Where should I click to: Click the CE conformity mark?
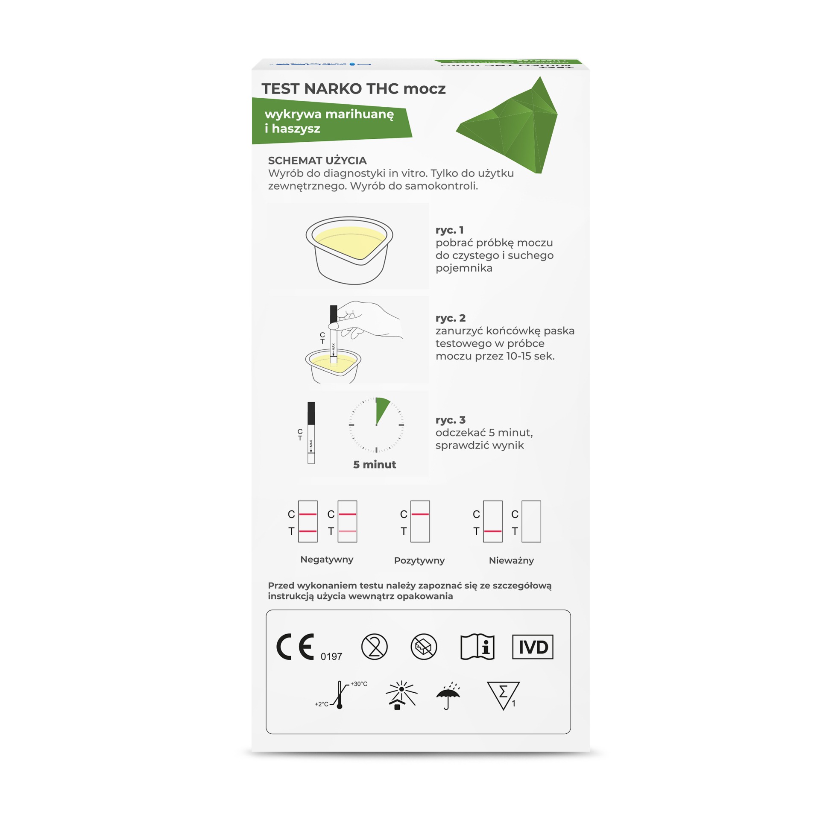pyautogui.click(x=295, y=647)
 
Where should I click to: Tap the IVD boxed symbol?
pyautogui.click(x=532, y=647)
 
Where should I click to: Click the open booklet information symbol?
pyautogui.click(x=477, y=647)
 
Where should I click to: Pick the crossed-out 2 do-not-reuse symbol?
pyautogui.click(x=374, y=647)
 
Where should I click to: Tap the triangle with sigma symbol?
pyautogui.click(x=503, y=695)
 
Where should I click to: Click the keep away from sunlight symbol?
pyautogui.click(x=401, y=695)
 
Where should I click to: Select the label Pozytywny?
pyautogui.click(x=419, y=560)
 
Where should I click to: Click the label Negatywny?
pyautogui.click(x=327, y=559)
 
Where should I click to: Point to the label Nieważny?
pyautogui.click(x=511, y=560)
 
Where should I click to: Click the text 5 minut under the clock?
pyautogui.click(x=375, y=465)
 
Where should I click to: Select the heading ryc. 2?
pyautogui.click(x=450, y=318)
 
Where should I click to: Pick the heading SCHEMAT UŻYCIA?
pyautogui.click(x=317, y=161)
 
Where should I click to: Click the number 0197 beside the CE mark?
pyautogui.click(x=331, y=656)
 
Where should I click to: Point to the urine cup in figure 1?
pyautogui.click(x=349, y=249)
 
